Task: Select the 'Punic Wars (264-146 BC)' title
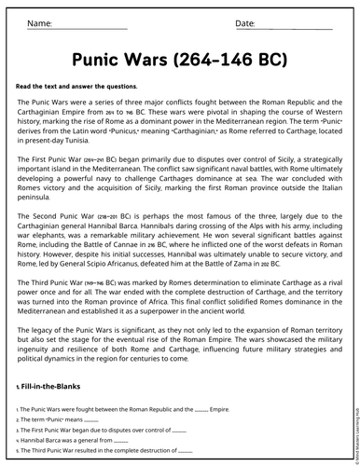pyautogui.click(x=179, y=57)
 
